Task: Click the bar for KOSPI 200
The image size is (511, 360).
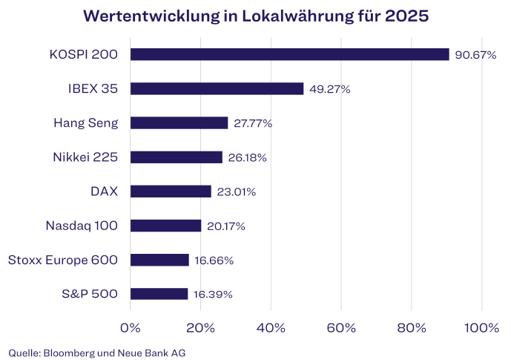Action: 289,54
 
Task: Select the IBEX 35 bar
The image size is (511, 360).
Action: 217,89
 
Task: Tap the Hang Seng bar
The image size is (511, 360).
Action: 179,123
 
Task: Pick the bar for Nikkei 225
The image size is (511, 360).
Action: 176,157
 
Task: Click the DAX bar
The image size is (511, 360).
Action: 171,192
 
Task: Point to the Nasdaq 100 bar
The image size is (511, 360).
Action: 165,226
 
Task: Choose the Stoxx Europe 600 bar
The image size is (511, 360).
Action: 159,260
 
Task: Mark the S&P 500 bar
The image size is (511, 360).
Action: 159,294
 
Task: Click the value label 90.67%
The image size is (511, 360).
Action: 475,55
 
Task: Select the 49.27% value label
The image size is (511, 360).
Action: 329,89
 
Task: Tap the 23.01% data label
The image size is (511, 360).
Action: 235,192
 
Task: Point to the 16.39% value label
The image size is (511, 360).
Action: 213,294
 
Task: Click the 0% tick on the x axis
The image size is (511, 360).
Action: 131,327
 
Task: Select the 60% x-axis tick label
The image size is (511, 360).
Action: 341,327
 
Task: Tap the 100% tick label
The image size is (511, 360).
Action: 481,327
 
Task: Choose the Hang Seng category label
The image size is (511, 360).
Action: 86,123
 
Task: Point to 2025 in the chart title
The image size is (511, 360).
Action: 406,16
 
